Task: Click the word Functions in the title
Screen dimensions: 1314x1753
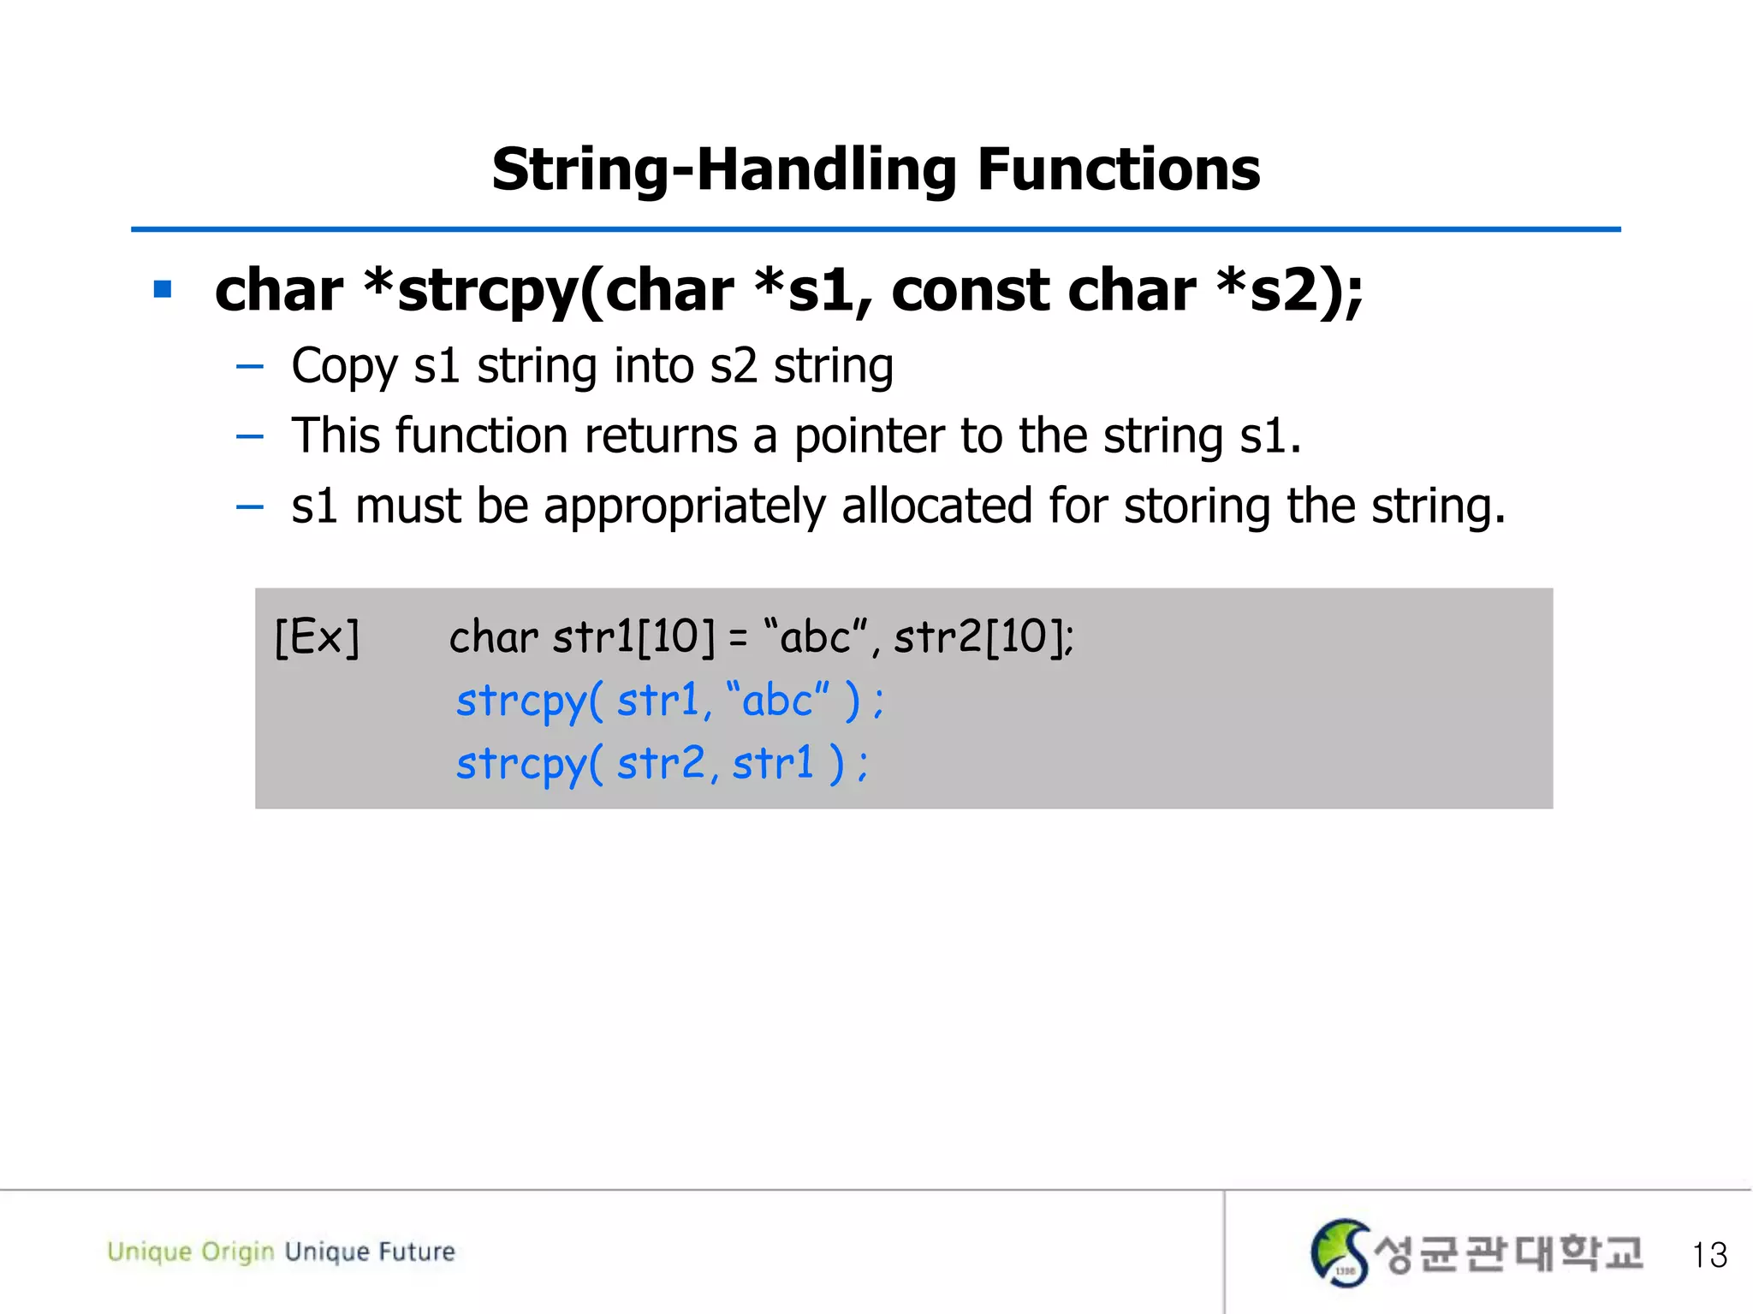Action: coord(1118,169)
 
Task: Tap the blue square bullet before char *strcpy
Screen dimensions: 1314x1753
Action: coord(163,289)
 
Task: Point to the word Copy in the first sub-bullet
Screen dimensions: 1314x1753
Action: coord(344,366)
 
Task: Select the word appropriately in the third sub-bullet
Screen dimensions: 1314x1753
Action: coord(684,506)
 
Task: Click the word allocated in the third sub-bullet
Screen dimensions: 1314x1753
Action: coord(936,506)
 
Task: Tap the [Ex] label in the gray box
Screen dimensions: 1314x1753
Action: coord(317,637)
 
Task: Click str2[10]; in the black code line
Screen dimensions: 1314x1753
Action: coord(983,637)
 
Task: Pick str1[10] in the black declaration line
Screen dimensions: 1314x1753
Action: coord(633,637)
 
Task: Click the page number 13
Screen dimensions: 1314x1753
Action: coord(1708,1255)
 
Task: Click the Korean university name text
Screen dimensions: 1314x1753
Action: coord(1508,1254)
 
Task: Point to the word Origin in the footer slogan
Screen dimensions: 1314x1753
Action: coord(237,1252)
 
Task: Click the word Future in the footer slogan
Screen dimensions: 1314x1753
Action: coord(417,1252)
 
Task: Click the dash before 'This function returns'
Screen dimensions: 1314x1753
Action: coord(249,436)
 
